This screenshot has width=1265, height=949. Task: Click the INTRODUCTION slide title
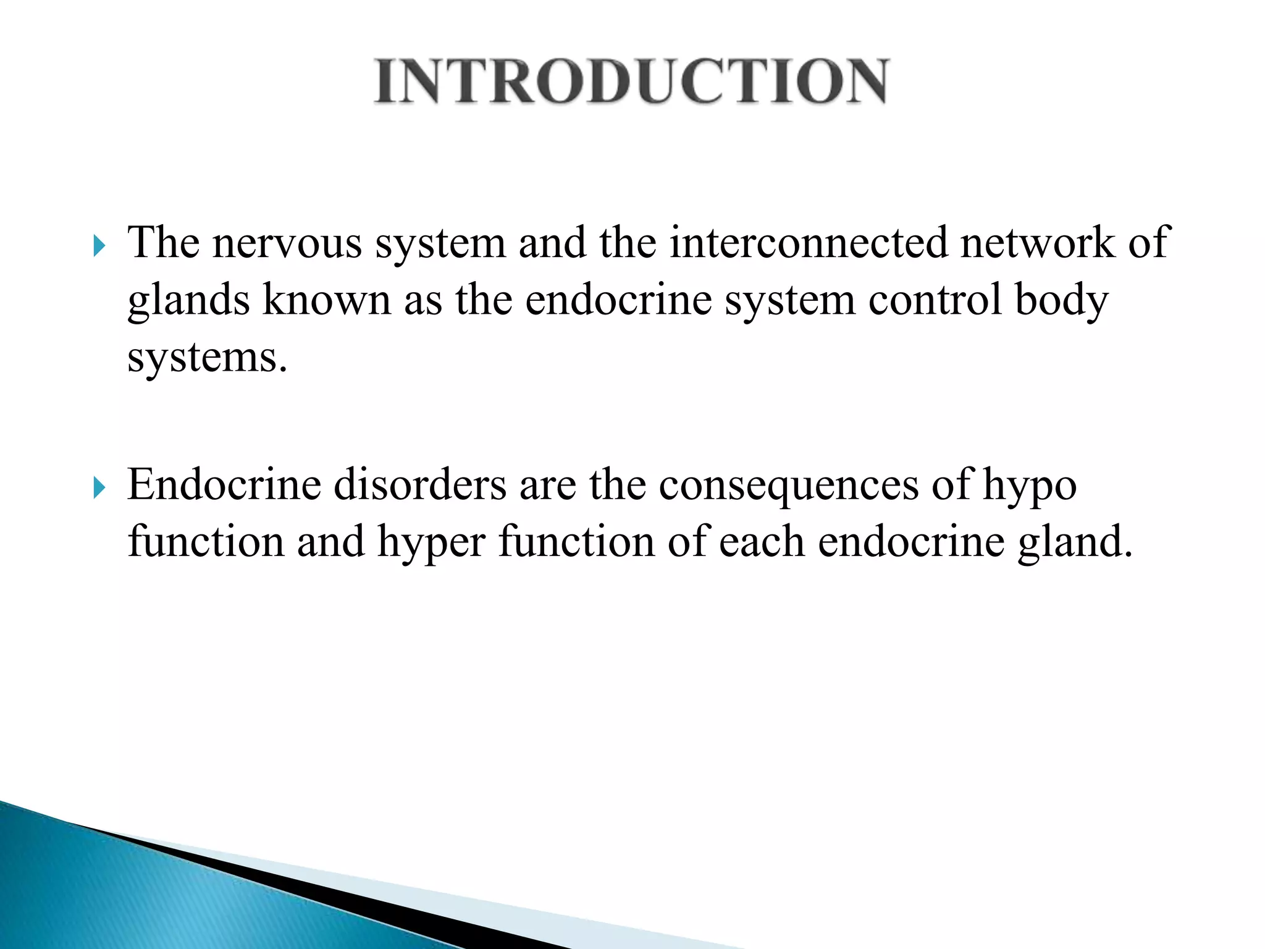tap(631, 82)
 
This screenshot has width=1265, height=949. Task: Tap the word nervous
tap(287, 243)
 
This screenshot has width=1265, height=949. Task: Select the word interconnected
tap(809, 243)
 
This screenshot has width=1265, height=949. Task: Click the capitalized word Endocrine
tap(224, 485)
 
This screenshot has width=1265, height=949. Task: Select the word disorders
tap(420, 485)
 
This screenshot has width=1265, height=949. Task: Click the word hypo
tap(1030, 486)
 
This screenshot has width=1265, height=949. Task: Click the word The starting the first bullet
tap(164, 243)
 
